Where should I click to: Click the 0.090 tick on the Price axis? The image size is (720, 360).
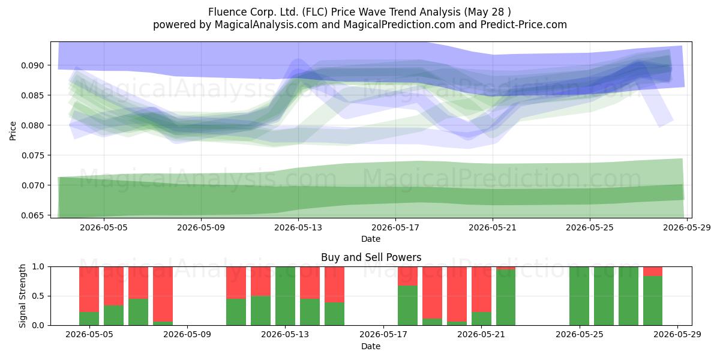32,65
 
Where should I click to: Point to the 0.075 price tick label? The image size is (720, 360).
32,155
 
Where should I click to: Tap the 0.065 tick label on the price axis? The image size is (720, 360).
32,215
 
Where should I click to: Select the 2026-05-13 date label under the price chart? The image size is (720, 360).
298,227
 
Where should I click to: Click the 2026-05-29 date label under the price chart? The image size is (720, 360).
687,227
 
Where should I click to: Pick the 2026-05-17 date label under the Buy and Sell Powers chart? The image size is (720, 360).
383,335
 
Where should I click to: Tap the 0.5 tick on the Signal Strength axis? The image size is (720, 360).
38,296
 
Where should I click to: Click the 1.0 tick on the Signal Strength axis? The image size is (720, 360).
38,266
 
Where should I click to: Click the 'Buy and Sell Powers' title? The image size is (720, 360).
371,257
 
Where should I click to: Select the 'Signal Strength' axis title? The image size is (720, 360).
22,296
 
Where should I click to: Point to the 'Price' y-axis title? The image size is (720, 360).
13,131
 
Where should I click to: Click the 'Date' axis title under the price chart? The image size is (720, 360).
371,239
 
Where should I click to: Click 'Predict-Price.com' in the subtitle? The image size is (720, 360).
524,25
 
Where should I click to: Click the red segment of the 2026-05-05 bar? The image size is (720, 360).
89,289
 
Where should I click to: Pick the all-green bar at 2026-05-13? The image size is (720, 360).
285,296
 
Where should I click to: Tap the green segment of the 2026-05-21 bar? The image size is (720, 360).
481,319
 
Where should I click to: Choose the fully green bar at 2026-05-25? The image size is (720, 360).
579,296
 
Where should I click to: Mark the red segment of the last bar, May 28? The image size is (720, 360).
653,271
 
